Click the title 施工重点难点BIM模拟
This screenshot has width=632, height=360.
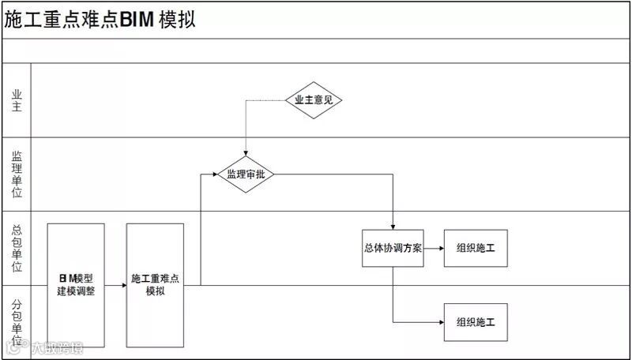tap(100, 20)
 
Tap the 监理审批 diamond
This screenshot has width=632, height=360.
tap(246, 174)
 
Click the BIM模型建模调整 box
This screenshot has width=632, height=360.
tap(76, 285)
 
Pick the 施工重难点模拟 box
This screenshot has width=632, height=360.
tap(155, 285)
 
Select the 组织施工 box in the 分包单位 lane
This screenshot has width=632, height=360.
tap(476, 321)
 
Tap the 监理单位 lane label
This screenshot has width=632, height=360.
tap(16, 174)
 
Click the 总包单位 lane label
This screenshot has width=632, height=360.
tap(16, 247)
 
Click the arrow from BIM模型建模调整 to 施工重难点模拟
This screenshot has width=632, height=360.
tap(115, 285)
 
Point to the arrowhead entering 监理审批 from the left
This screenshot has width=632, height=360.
tap(213, 174)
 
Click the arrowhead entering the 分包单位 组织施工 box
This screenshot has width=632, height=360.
tap(440, 321)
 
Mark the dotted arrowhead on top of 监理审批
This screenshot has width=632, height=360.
tap(246, 154)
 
